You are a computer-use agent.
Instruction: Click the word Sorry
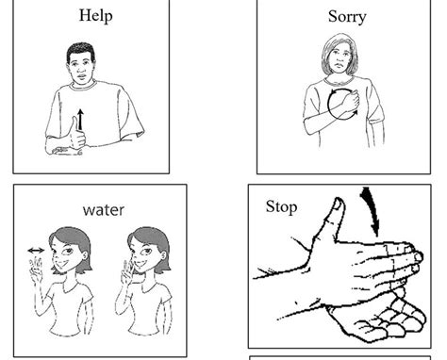coord(347,17)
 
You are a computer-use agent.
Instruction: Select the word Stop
coord(281,206)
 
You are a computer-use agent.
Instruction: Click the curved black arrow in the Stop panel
coord(372,210)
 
